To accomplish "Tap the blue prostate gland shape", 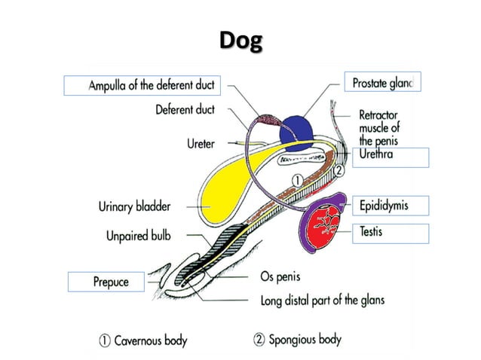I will [x=299, y=130].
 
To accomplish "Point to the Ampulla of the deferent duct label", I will [x=142, y=85].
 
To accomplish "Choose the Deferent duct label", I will [x=185, y=110].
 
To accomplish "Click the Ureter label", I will [x=201, y=143].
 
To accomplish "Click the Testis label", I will [x=371, y=232].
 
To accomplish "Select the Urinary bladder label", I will [x=134, y=206].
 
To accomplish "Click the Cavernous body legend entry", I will [x=143, y=340].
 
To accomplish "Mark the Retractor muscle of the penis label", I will [x=379, y=128].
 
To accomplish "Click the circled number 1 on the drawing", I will [x=298, y=180].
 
